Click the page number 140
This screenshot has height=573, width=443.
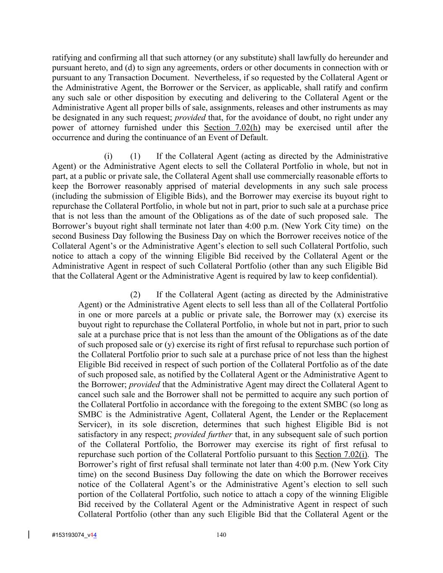(x=221, y=535)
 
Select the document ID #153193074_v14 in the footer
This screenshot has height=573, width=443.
(x=74, y=535)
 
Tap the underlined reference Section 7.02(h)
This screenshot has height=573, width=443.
(x=232, y=128)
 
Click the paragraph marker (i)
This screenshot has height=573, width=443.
(x=108, y=157)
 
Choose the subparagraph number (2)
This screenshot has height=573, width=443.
(x=135, y=295)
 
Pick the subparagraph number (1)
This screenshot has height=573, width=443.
(x=135, y=157)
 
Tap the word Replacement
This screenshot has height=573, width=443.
(x=365, y=415)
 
